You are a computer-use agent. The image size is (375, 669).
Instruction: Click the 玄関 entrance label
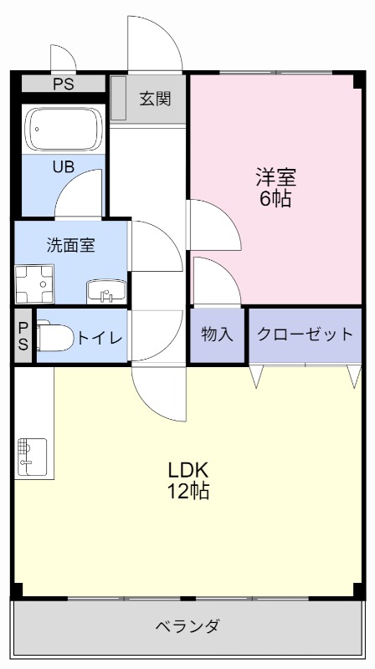(x=155, y=99)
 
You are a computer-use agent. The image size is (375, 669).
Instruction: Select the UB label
(x=64, y=166)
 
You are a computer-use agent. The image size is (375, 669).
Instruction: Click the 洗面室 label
(x=70, y=245)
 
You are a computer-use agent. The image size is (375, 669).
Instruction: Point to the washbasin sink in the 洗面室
(x=105, y=293)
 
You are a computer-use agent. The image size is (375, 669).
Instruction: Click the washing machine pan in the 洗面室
(x=34, y=284)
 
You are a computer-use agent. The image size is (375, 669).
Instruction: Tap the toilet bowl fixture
(x=54, y=339)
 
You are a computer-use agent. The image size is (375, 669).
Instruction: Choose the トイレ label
(x=100, y=338)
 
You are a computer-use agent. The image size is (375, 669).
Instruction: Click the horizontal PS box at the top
(x=63, y=84)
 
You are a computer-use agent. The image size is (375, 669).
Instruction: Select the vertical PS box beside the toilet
(x=23, y=336)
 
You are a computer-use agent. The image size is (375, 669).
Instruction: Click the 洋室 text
(x=275, y=177)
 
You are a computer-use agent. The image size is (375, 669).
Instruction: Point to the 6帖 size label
(x=275, y=200)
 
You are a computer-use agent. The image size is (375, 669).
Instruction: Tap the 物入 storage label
(x=217, y=334)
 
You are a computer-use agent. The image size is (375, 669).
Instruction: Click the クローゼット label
(x=305, y=334)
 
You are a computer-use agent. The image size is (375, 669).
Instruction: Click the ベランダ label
(x=187, y=626)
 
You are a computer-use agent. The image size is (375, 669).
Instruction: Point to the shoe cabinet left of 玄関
(x=118, y=99)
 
